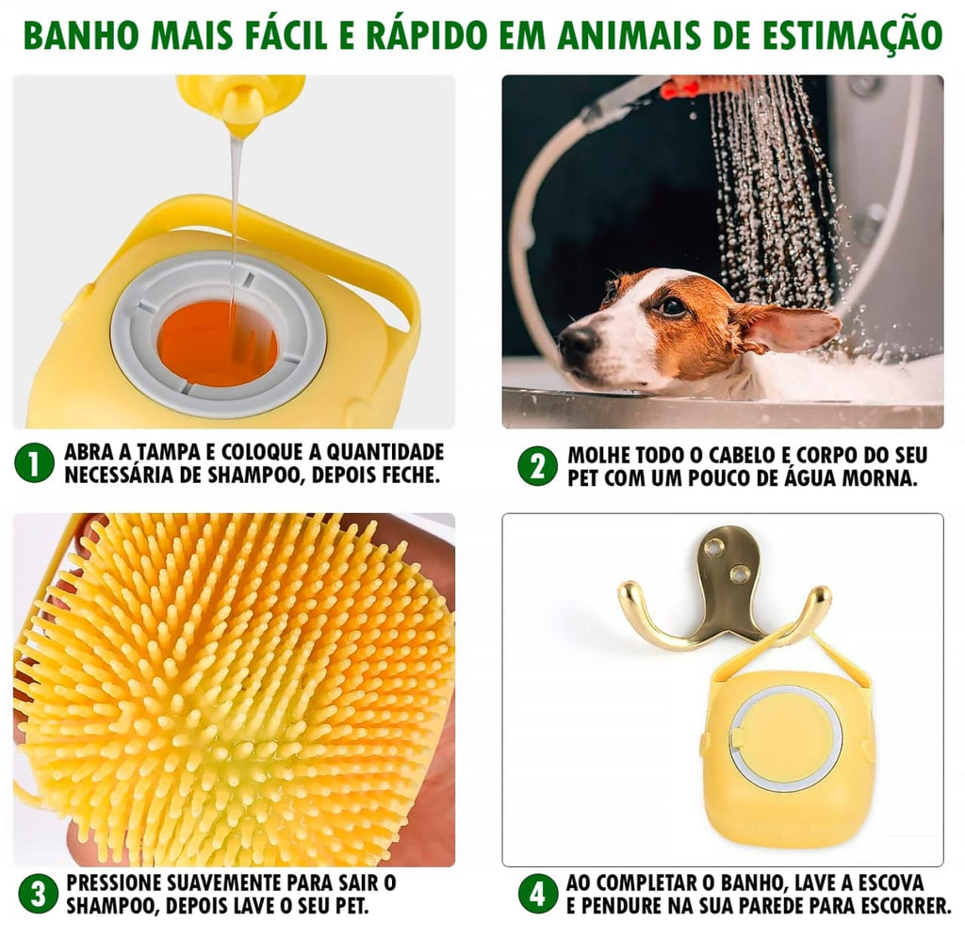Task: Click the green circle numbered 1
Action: pyautogui.click(x=35, y=463)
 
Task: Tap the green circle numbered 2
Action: pyautogui.click(x=537, y=465)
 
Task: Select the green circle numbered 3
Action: pyautogui.click(x=38, y=894)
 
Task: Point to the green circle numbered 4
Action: pyautogui.click(x=537, y=894)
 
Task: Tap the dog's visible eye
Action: pyautogui.click(x=673, y=306)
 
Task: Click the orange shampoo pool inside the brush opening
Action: pyautogui.click(x=217, y=343)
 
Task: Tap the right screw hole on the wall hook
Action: pyautogui.click(x=742, y=573)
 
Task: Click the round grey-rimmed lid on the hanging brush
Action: pyautogui.click(x=785, y=737)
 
